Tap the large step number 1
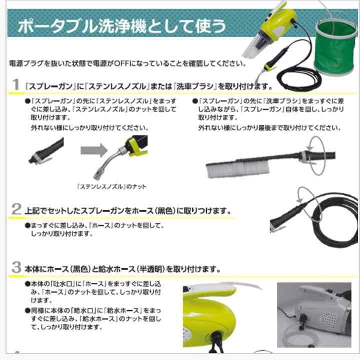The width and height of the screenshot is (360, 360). coord(16,84)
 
